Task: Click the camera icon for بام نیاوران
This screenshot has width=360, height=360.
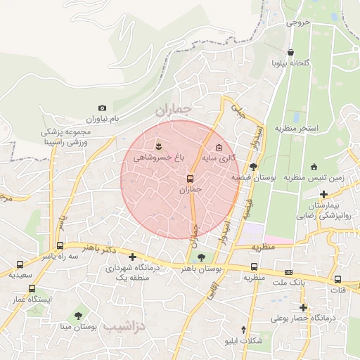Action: pos(103,108)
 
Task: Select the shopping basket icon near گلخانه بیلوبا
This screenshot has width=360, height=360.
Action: pos(290,52)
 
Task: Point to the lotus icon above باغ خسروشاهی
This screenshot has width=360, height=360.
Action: pos(159,146)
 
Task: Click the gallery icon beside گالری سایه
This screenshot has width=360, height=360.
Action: pos(219,148)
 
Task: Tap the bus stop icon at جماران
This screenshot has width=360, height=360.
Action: pos(190,178)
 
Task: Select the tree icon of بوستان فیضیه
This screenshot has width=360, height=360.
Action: pos(253,166)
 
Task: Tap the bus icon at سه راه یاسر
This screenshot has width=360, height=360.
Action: pos(60,246)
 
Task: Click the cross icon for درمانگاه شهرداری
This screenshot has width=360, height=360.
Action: pos(132,257)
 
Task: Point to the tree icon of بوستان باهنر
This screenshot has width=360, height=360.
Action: pos(202,257)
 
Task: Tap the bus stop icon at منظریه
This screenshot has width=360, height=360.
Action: pos(254,266)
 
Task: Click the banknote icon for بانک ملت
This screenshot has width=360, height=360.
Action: pos(288,272)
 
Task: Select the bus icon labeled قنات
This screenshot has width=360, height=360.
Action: pos(337,279)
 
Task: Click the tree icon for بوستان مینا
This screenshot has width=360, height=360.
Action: pos(78,316)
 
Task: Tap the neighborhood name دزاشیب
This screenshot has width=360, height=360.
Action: pos(124,327)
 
